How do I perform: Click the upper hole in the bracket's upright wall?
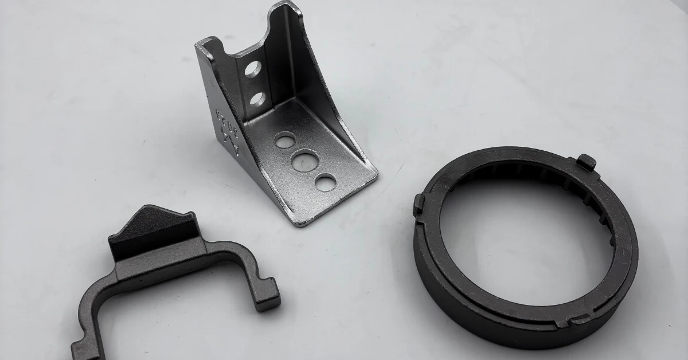(253, 69)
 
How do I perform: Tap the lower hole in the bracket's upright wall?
(257, 99)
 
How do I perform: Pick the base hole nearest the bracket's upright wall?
(285, 139)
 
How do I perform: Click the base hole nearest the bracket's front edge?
(325, 182)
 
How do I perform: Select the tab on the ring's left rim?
(419, 204)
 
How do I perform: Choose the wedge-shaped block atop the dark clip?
(153, 229)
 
